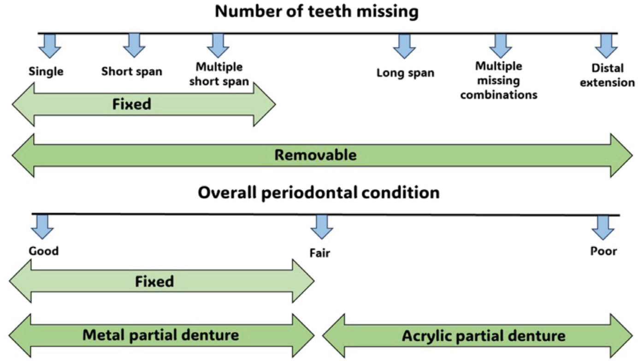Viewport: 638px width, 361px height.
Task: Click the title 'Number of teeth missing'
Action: click(316, 12)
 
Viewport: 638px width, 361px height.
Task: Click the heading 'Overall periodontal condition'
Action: click(319, 192)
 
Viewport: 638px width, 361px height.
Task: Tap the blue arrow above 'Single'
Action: click(50, 46)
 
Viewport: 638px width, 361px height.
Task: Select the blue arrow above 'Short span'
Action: click(134, 46)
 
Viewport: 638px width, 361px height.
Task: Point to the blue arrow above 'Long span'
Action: click(404, 46)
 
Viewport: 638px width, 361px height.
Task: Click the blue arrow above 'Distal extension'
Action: click(606, 46)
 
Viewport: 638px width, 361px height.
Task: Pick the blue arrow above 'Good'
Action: click(42, 227)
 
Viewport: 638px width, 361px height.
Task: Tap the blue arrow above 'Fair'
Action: click(322, 227)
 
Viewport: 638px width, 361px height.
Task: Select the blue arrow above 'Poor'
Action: click(603, 227)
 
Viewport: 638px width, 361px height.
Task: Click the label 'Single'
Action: click(46, 71)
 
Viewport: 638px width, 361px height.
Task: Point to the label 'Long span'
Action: click(405, 73)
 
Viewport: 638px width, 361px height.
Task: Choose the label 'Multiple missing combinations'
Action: click(499, 81)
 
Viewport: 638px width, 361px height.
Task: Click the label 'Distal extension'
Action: click(607, 76)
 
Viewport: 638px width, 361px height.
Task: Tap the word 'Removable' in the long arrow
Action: click(315, 155)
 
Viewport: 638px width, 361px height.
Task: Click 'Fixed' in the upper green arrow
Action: click(131, 104)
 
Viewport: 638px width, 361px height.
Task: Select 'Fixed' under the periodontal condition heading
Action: click(154, 281)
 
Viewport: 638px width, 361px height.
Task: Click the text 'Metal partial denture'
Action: click(160, 335)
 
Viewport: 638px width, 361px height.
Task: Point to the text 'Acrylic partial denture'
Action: click(484, 336)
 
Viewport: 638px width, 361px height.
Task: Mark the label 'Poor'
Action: click(603, 251)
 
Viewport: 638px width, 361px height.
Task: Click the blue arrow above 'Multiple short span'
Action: click(218, 46)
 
